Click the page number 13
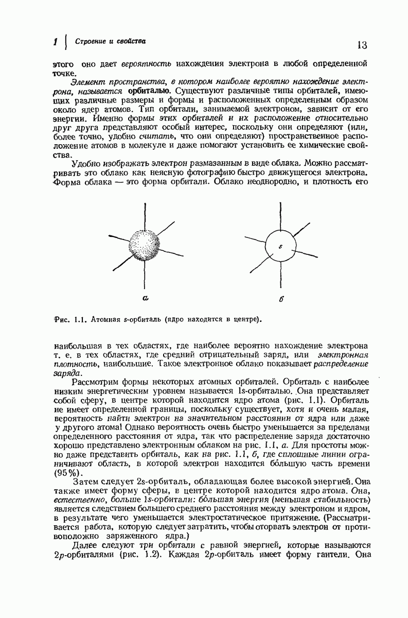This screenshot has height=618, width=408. [x=361, y=45]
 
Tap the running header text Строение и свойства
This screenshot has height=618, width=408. [x=110, y=41]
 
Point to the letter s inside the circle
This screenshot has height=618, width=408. [x=281, y=246]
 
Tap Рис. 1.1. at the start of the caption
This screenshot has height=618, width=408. [x=69, y=319]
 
